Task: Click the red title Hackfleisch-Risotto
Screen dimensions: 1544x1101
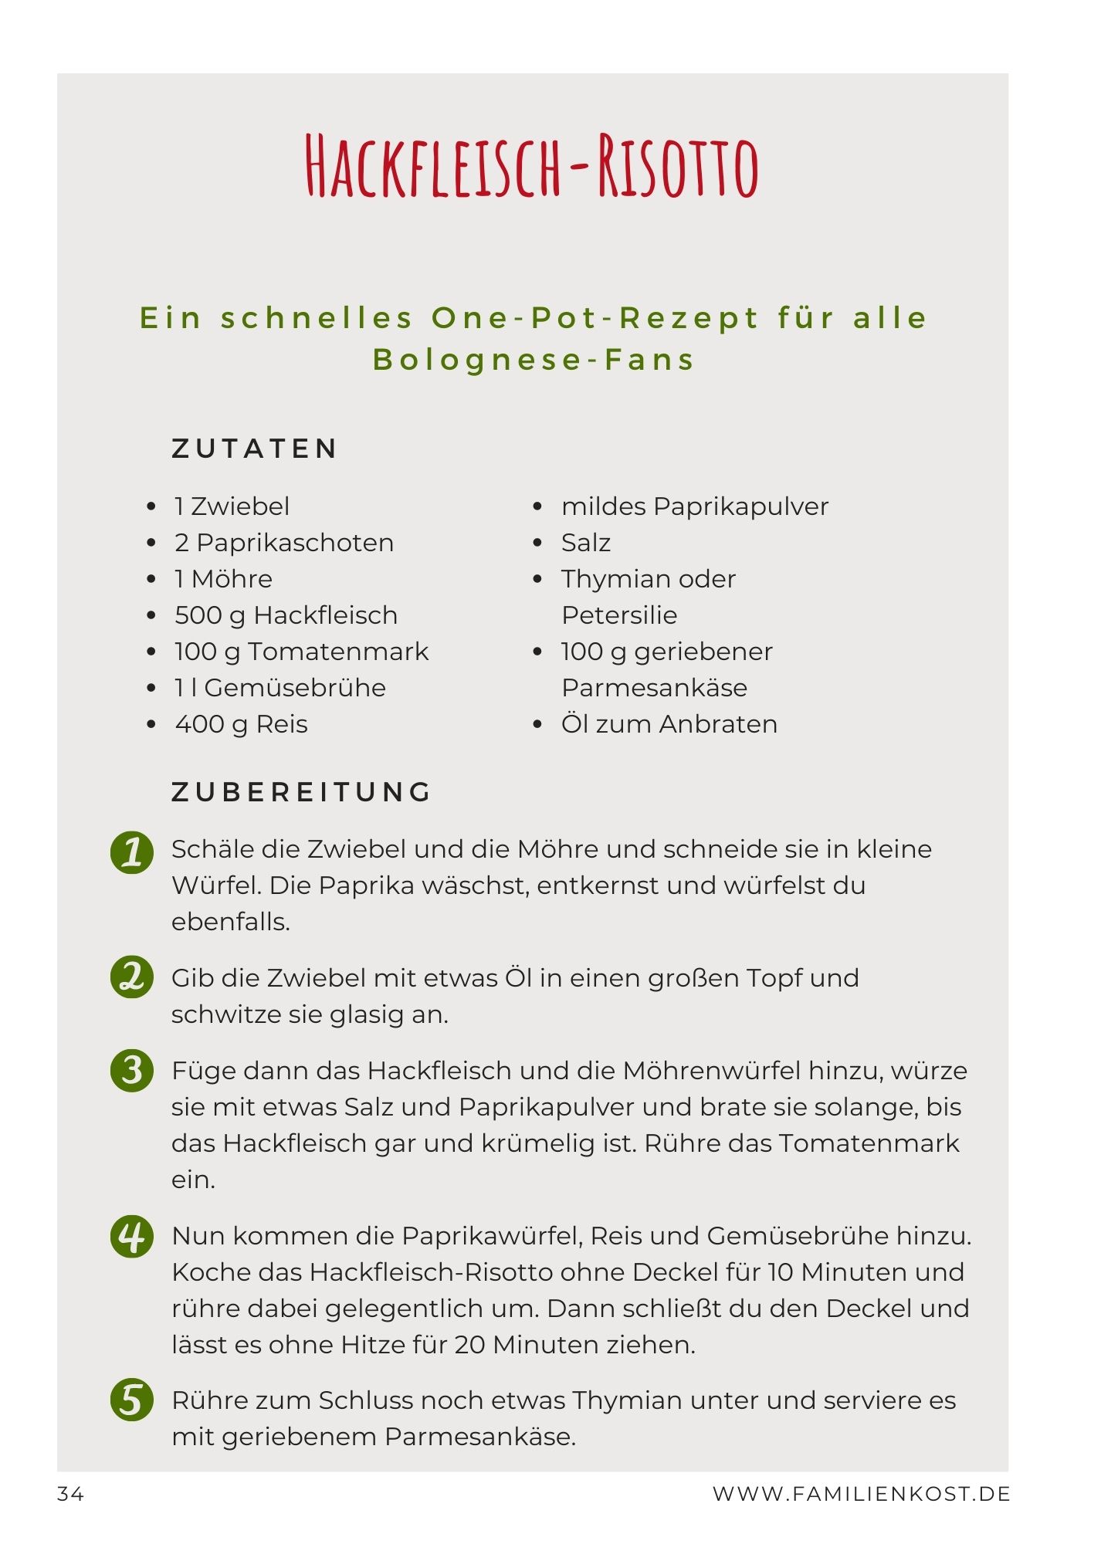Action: (x=533, y=167)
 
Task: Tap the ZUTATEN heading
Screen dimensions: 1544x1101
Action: (x=255, y=449)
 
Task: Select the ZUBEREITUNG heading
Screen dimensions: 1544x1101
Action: (x=301, y=792)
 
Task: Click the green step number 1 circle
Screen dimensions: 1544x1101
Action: (x=132, y=852)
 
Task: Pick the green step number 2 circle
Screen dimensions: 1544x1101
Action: (x=132, y=977)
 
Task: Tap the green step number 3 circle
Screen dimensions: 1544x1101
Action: (x=132, y=1070)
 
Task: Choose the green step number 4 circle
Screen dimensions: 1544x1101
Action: (x=132, y=1236)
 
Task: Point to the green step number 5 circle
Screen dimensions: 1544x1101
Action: (x=132, y=1400)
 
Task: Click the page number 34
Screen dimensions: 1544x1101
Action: (x=70, y=1495)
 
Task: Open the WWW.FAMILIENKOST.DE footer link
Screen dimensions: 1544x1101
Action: (x=862, y=1495)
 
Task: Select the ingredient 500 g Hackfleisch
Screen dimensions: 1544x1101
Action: (x=286, y=615)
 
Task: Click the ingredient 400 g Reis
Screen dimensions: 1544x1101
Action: (x=241, y=724)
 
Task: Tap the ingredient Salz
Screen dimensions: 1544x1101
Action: (x=586, y=543)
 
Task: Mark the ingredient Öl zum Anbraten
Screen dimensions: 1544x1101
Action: (x=669, y=724)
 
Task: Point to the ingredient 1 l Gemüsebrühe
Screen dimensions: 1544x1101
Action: (x=280, y=688)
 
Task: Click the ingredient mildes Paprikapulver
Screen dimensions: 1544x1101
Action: (x=695, y=506)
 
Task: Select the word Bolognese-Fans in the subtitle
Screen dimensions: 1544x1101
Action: (x=534, y=360)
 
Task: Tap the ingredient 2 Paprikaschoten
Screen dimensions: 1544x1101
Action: (x=284, y=543)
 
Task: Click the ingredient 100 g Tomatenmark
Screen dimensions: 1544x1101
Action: (x=301, y=652)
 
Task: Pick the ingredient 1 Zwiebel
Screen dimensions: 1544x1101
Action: (x=232, y=506)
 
